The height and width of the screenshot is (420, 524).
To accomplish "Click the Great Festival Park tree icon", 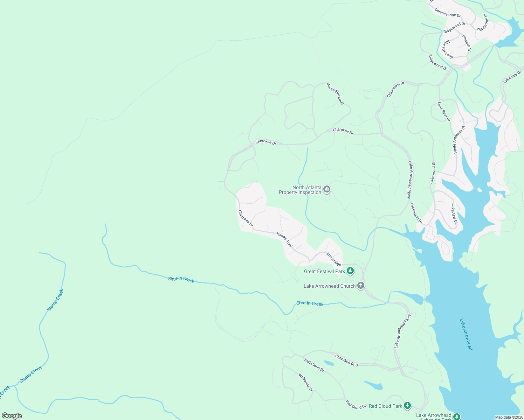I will click(350, 271).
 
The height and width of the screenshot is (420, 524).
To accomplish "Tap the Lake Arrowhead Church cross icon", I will click(361, 286).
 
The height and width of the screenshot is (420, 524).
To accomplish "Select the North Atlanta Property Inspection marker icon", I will click(326, 190).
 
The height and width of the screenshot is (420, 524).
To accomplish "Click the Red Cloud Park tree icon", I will click(407, 406).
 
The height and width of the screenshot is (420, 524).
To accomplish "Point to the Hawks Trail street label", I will click(284, 240).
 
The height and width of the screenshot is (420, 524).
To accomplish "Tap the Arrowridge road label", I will click(333, 259).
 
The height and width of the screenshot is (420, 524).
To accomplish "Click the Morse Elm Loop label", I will click(335, 93).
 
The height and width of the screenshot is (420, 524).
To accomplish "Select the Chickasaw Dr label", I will click(396, 89).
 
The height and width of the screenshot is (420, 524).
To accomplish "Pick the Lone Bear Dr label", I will click(444, 112).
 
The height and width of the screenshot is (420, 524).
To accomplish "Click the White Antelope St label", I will click(459, 140).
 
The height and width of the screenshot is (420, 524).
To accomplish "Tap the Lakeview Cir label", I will click(454, 214).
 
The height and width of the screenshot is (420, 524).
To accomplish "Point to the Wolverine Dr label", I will click(305, 383).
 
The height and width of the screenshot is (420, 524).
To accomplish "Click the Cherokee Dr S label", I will click(346, 360).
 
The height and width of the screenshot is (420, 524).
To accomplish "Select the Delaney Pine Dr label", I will click(448, 13).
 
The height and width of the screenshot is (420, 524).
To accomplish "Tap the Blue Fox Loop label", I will click(448, 50).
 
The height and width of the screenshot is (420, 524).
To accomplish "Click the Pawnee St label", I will click(467, 43).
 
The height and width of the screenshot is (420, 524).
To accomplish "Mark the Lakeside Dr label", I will click(512, 77).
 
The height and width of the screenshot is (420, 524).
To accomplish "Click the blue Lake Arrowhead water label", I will click(466, 334).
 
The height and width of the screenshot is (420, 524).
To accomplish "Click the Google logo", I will click(12, 416).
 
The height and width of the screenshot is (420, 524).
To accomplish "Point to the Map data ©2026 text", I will click(509, 417).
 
